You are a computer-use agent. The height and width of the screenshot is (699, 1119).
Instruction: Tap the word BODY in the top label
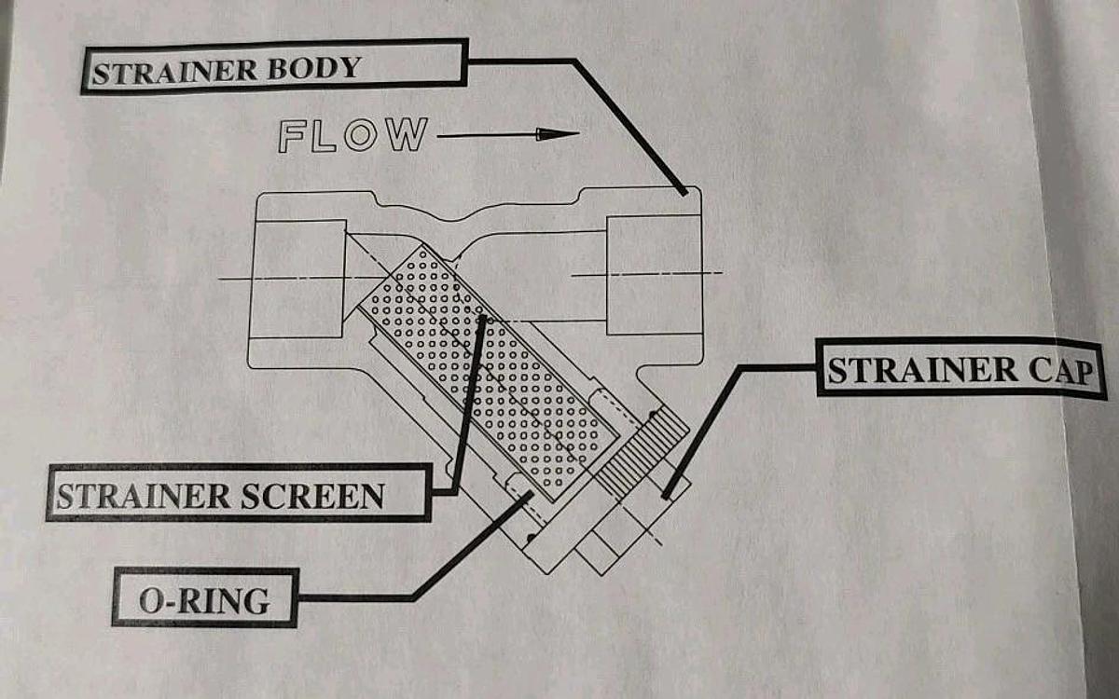click(314, 67)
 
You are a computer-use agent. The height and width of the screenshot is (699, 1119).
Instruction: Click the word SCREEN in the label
click(312, 496)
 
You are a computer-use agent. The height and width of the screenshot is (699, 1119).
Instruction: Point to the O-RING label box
click(205, 597)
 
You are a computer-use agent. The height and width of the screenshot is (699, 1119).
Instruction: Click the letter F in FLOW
click(291, 136)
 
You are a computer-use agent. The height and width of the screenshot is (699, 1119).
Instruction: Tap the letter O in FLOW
click(360, 135)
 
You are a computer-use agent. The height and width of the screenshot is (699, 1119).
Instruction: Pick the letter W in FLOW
click(407, 134)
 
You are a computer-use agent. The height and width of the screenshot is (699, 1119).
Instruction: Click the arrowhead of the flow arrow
click(558, 134)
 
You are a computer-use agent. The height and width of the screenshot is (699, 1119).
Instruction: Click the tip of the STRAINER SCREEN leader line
click(482, 319)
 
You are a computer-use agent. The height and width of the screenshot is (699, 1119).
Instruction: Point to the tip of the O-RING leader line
click(530, 494)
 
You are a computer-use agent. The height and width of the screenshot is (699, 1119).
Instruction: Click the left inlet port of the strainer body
click(298, 278)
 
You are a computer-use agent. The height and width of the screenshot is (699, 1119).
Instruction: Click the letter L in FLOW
click(324, 136)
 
